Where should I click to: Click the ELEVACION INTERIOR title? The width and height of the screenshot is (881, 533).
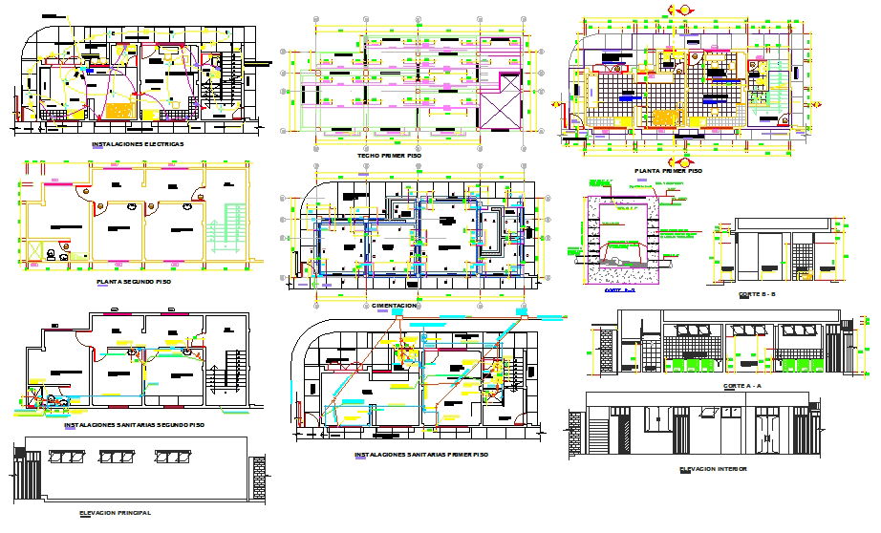[713, 469]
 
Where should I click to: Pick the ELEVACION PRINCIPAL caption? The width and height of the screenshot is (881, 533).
[116, 513]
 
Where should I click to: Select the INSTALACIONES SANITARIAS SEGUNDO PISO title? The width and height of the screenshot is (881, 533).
[134, 424]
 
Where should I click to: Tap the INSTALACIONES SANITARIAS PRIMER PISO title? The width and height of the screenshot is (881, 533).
[420, 455]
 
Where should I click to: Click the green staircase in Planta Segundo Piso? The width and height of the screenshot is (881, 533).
[228, 228]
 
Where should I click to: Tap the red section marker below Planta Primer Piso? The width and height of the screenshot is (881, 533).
[677, 160]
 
